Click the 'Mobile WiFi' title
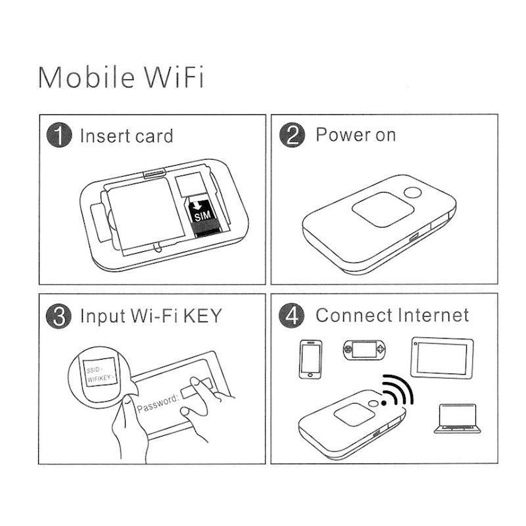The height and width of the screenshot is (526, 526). pyautogui.click(x=121, y=77)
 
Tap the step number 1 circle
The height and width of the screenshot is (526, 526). pyautogui.click(x=59, y=135)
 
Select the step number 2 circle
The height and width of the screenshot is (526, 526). pyautogui.click(x=292, y=135)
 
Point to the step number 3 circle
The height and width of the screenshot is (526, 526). pyautogui.click(x=59, y=316)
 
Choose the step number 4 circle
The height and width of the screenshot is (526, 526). pyautogui.click(x=291, y=316)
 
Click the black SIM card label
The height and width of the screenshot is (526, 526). pyautogui.click(x=203, y=215)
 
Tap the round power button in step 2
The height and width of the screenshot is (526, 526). pyautogui.click(x=412, y=193)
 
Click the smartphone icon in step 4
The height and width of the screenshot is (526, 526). pyautogui.click(x=310, y=359)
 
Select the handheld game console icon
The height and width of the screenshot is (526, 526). pyautogui.click(x=364, y=350)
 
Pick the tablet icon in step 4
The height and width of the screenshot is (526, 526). pyautogui.click(x=442, y=358)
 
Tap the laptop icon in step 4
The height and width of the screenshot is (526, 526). pyautogui.click(x=457, y=418)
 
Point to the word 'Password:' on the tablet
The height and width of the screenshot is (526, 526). pyautogui.click(x=158, y=403)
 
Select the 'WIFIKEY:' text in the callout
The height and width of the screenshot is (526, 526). pyautogui.click(x=101, y=379)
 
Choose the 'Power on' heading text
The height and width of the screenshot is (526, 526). pyautogui.click(x=356, y=135)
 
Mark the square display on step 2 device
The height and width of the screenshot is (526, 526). pyautogui.click(x=383, y=209)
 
